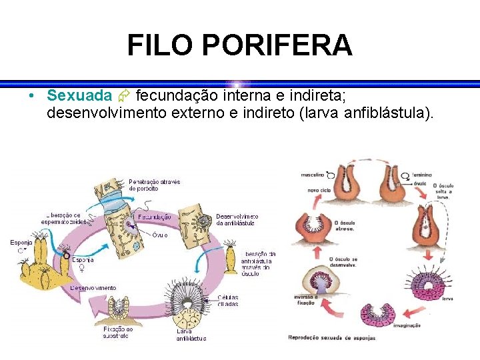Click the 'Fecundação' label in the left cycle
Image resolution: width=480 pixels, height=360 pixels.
[155, 217]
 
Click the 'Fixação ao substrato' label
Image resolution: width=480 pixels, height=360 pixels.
[118, 332]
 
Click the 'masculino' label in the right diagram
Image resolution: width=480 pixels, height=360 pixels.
[311, 175]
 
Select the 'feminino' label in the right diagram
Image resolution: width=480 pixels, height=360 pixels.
[421, 175]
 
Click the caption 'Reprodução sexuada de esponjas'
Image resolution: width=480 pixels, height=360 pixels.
[331, 338]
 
